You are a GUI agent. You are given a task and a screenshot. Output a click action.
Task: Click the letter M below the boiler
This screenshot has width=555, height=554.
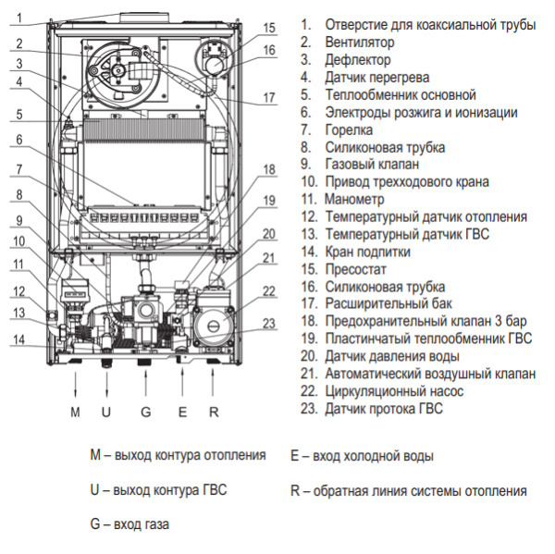pos(75,412)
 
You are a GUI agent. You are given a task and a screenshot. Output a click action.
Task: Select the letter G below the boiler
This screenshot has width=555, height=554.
pos(144,412)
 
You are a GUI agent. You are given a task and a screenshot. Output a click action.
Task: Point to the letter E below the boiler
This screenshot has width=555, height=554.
pos(183,412)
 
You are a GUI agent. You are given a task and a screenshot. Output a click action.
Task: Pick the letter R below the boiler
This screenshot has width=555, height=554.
pos(215,412)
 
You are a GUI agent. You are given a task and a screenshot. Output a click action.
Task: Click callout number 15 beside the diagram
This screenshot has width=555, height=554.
pos(268,28)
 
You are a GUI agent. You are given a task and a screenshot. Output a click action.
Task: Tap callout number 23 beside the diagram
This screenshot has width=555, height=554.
pos(268,324)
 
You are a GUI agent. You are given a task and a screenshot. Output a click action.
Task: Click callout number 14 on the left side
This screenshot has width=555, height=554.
pos(18,340)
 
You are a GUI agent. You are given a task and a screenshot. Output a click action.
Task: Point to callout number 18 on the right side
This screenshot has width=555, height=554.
pos(268,169)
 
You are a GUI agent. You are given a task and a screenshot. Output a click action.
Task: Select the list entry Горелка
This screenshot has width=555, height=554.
pos(349,129)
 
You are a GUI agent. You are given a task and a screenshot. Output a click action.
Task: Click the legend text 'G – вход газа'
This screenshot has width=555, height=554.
pos(129,523)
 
